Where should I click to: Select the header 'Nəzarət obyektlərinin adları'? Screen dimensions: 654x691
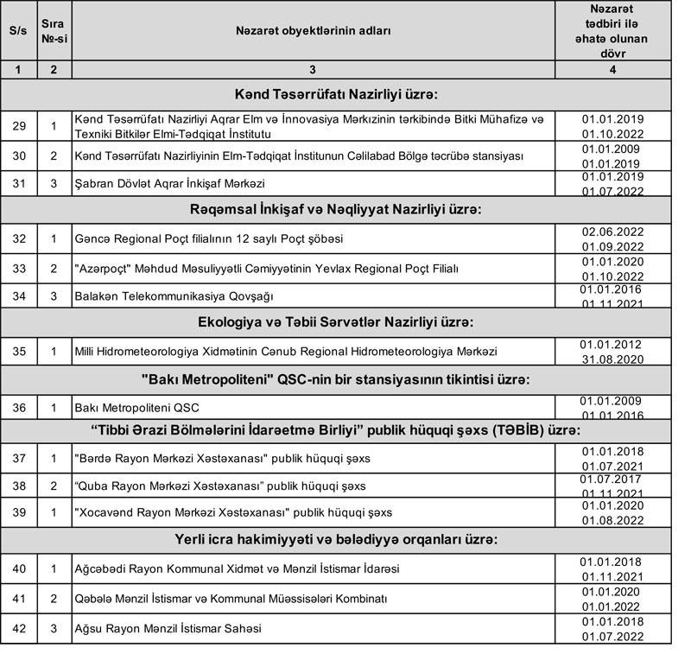point(313,30)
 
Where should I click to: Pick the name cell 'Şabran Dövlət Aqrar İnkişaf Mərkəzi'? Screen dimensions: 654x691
point(170,183)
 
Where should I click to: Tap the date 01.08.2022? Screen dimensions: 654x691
point(612,520)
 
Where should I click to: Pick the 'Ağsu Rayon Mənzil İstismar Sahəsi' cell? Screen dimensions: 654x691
point(168,628)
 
